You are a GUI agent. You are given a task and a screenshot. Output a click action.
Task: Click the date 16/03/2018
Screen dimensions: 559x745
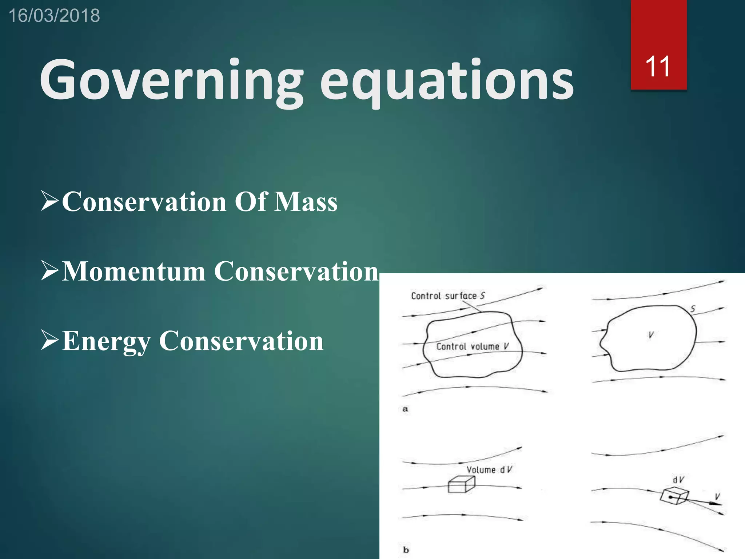pos(54,16)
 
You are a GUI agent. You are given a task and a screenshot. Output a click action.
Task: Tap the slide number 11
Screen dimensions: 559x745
pos(658,67)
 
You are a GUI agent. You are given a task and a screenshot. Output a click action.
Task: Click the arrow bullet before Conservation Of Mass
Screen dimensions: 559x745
pos(49,201)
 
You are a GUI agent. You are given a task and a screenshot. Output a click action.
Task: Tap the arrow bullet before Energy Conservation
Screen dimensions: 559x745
pos(49,340)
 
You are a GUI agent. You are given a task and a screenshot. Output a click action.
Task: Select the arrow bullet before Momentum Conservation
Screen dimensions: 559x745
pos(49,270)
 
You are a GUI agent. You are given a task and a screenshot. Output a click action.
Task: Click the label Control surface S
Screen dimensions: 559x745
pos(447,296)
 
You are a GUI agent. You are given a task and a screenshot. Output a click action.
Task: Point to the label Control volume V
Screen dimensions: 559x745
pos(472,346)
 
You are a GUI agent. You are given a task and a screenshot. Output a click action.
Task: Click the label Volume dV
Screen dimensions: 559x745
pos(489,470)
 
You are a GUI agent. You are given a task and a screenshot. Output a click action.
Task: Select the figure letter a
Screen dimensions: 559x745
pos(405,409)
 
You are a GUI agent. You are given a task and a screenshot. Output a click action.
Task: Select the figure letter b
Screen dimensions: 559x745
pos(406,550)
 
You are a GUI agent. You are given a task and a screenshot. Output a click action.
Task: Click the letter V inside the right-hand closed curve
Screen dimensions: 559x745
pos(651,335)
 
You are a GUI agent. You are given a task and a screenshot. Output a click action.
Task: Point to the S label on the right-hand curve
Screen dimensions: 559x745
pos(693,309)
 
